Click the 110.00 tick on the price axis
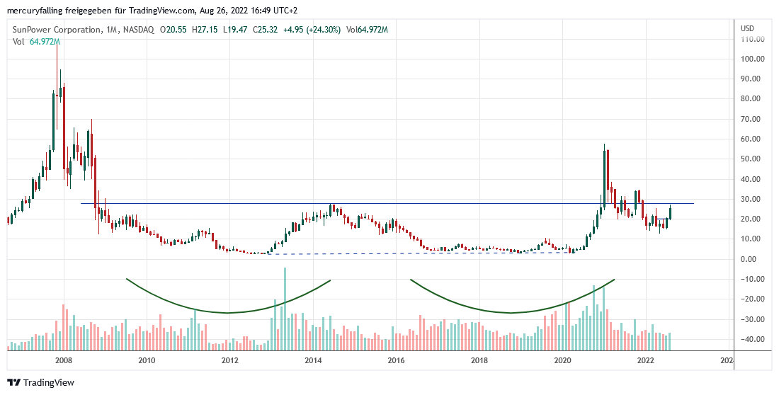[x=751, y=40]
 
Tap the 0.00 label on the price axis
[x=752, y=259]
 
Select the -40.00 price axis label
[x=751, y=339]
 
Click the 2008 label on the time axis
[x=64, y=361]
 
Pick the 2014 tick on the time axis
[x=313, y=361]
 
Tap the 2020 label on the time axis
[x=562, y=361]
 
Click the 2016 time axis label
[x=396, y=361]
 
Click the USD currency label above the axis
[x=747, y=28]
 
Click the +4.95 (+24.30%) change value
[x=312, y=30]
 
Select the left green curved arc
[x=228, y=311]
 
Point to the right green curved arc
[x=510, y=311]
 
